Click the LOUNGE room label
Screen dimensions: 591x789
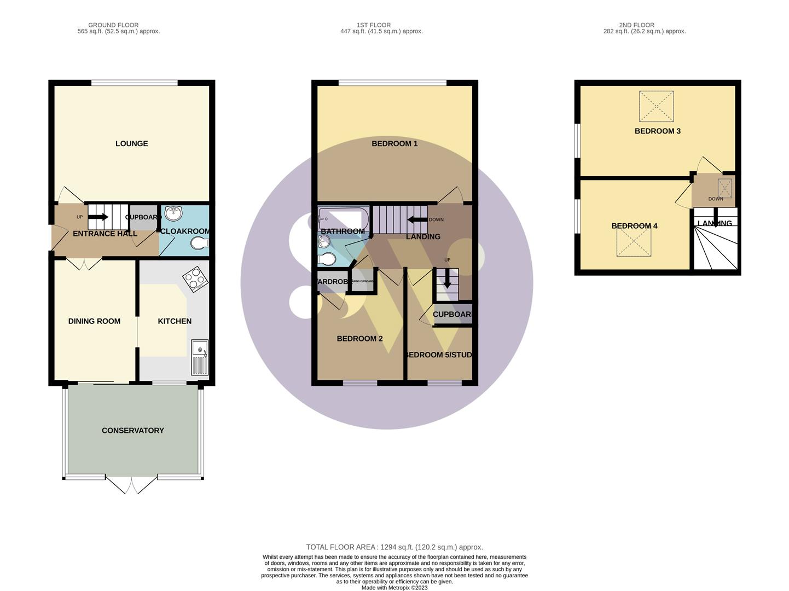pyautogui.click(x=131, y=143)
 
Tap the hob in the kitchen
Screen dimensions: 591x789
pyautogui.click(x=195, y=279)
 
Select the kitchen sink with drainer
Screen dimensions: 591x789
pyautogui.click(x=200, y=357)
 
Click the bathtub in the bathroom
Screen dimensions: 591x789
pyautogui.click(x=344, y=219)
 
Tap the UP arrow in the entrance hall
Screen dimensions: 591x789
pyautogui.click(x=97, y=217)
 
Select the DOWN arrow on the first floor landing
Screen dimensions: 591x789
pyautogui.click(x=417, y=220)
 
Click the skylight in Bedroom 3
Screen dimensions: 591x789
pyautogui.click(x=656, y=106)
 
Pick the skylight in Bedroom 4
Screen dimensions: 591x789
pyautogui.click(x=634, y=241)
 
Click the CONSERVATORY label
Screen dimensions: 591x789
pyautogui.click(x=132, y=431)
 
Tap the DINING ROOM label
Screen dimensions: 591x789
pyautogui.click(x=94, y=321)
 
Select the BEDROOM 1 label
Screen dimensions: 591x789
pyautogui.click(x=394, y=143)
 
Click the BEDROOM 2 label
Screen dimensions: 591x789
pyautogui.click(x=359, y=339)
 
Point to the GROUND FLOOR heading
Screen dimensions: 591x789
pyautogui.click(x=113, y=25)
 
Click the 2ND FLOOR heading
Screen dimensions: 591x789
pyautogui.click(x=636, y=25)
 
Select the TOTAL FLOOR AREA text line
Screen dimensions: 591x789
pyautogui.click(x=394, y=547)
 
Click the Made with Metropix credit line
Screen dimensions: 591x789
pyautogui.click(x=394, y=588)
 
